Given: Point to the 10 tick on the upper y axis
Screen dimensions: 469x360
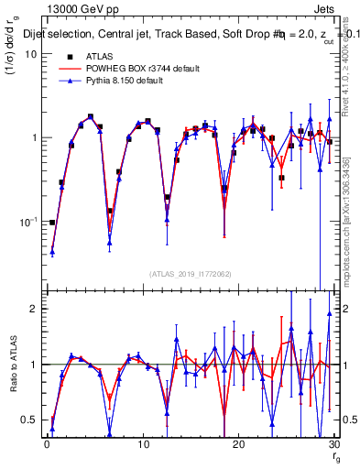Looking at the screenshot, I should tap(28, 53).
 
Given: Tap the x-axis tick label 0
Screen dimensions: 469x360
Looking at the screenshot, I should tap(47, 444).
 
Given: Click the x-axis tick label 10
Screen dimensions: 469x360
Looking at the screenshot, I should tap(143, 444).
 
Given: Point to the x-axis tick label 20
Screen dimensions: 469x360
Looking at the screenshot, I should tap(238, 444).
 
